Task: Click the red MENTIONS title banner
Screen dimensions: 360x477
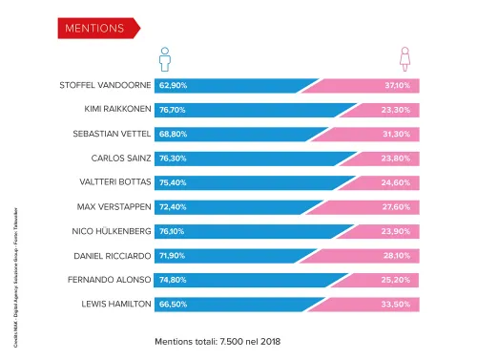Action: coord(96,28)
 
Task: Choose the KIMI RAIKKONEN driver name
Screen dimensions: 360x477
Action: coord(110,110)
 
